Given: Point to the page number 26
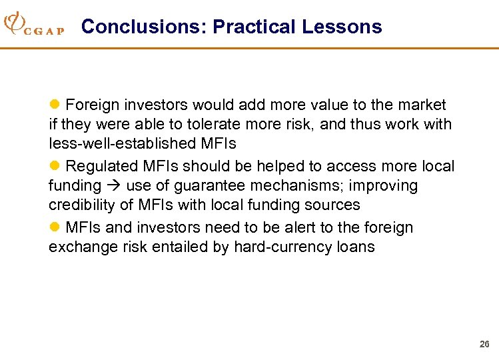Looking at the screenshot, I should click(484, 344).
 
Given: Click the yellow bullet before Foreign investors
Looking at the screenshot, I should click(55, 105).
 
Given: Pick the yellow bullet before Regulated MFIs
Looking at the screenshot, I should click(55, 166).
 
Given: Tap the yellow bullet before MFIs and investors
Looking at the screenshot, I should click(55, 227).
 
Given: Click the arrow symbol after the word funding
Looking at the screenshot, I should click(113, 185).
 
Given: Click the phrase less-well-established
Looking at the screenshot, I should click(122, 143).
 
